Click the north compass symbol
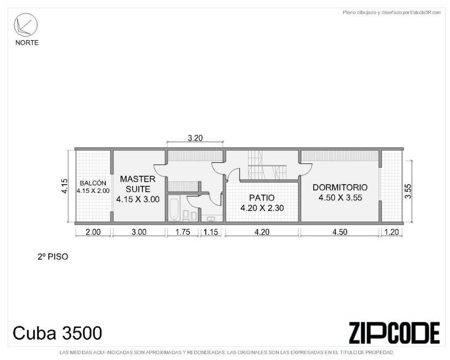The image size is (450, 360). click(26, 25)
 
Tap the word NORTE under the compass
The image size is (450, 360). click(27, 43)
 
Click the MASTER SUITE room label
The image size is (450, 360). click(138, 184)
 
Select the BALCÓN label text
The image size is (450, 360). click(93, 183)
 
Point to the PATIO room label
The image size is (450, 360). click(262, 198)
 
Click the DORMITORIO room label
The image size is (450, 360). click(340, 188)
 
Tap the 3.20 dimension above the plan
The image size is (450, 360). click(195, 138)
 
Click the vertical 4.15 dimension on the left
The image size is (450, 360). click(64, 186)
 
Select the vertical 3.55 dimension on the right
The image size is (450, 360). click(408, 191)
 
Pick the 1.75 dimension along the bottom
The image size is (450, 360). click(183, 232)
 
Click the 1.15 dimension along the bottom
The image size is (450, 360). click(211, 232)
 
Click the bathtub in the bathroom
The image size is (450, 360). click(174, 208)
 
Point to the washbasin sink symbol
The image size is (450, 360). click(211, 219)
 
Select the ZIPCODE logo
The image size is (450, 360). click(394, 333)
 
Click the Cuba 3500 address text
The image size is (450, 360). click(57, 333)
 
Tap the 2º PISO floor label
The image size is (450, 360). click(53, 256)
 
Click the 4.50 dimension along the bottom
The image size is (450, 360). click(340, 232)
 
